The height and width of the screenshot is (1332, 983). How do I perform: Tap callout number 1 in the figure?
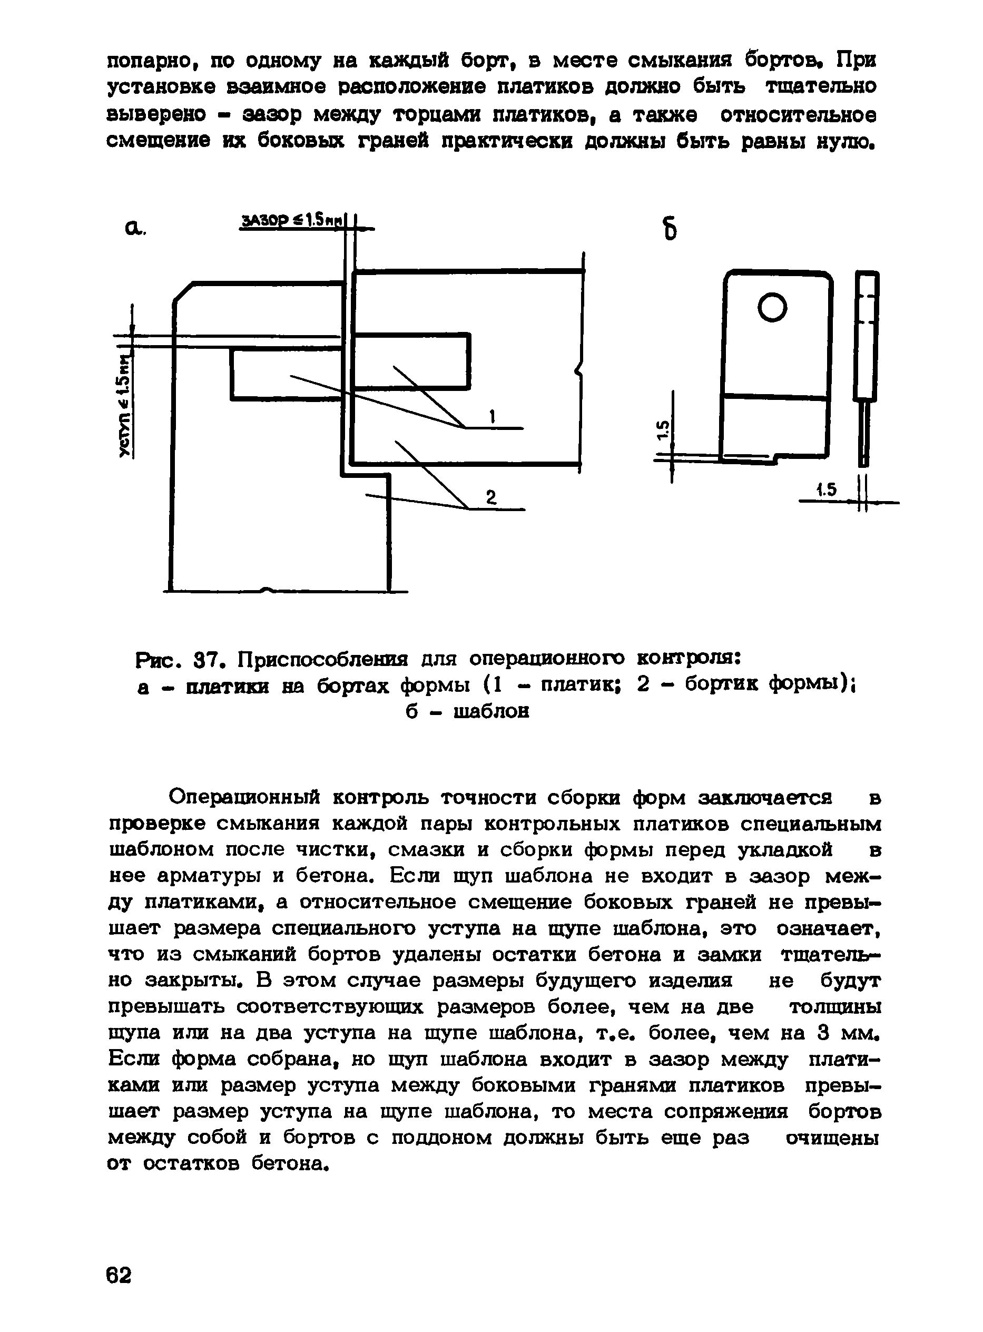(493, 417)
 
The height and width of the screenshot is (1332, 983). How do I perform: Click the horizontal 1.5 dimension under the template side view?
(827, 490)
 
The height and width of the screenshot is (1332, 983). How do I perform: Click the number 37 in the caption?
(208, 660)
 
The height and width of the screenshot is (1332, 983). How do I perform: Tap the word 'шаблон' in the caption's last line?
(491, 712)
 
